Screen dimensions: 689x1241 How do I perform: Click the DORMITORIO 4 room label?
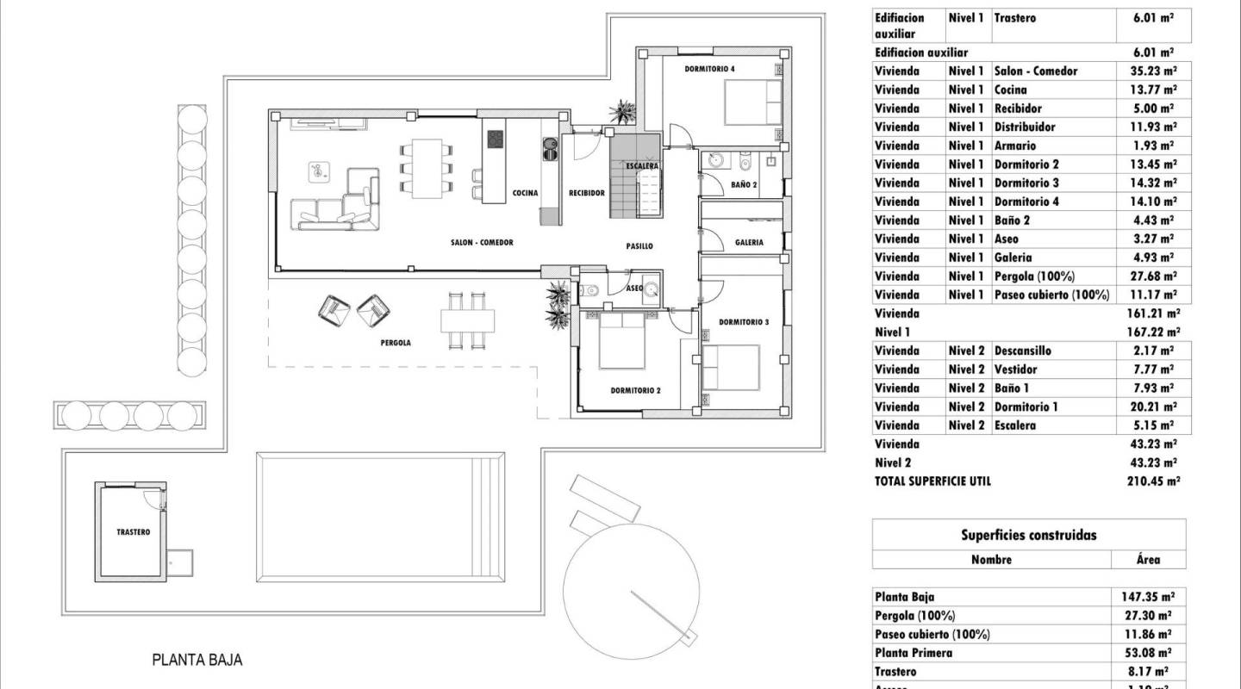(x=710, y=68)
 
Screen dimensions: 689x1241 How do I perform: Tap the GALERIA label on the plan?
(x=749, y=243)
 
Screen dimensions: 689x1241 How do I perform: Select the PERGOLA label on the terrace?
(x=396, y=343)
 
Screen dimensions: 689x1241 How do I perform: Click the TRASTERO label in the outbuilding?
(x=133, y=532)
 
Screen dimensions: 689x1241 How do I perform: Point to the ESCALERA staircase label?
(x=643, y=165)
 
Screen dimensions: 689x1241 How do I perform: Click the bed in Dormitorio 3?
(x=731, y=366)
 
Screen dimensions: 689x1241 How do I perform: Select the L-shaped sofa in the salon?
(x=336, y=202)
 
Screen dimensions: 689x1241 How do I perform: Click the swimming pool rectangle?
(x=379, y=517)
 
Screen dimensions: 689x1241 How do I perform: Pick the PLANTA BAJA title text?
(x=197, y=661)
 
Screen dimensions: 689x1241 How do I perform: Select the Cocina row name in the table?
(x=1010, y=90)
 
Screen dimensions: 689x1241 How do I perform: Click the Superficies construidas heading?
(x=1028, y=535)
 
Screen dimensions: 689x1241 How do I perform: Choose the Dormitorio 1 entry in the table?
(x=1026, y=407)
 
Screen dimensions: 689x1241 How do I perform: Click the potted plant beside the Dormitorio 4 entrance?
(x=621, y=112)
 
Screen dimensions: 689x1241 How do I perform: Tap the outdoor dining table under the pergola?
(x=468, y=320)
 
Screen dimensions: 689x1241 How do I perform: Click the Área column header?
(x=1148, y=559)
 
